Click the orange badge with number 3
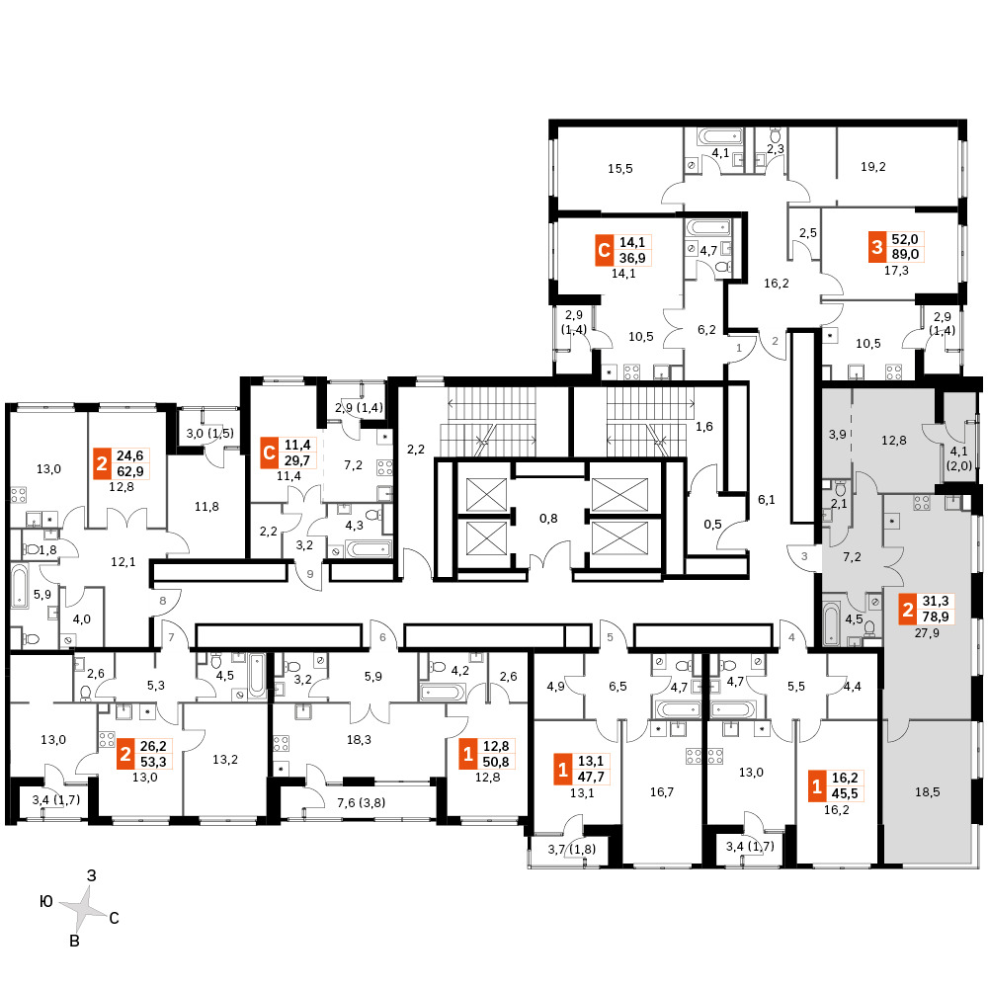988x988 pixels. tap(877, 247)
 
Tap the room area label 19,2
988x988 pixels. tap(872, 167)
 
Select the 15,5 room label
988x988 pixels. tap(620, 169)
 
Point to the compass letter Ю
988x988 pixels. tap(46, 902)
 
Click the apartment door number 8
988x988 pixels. tap(163, 601)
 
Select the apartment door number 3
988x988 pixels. tap(804, 556)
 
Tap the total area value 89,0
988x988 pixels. tap(905, 255)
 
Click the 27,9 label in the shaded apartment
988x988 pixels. tap(927, 632)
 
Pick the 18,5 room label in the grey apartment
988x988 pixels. tap(927, 791)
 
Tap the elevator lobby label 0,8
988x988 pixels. tap(548, 519)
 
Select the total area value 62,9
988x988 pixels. tap(129, 471)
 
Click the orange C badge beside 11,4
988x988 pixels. tap(269, 453)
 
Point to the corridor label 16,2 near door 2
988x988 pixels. tap(777, 284)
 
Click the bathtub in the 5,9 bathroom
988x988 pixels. tap(20, 587)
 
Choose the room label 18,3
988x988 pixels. tap(359, 740)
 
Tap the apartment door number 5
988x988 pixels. tap(610, 637)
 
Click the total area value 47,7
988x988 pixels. tap(591, 777)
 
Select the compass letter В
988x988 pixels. tap(74, 942)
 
